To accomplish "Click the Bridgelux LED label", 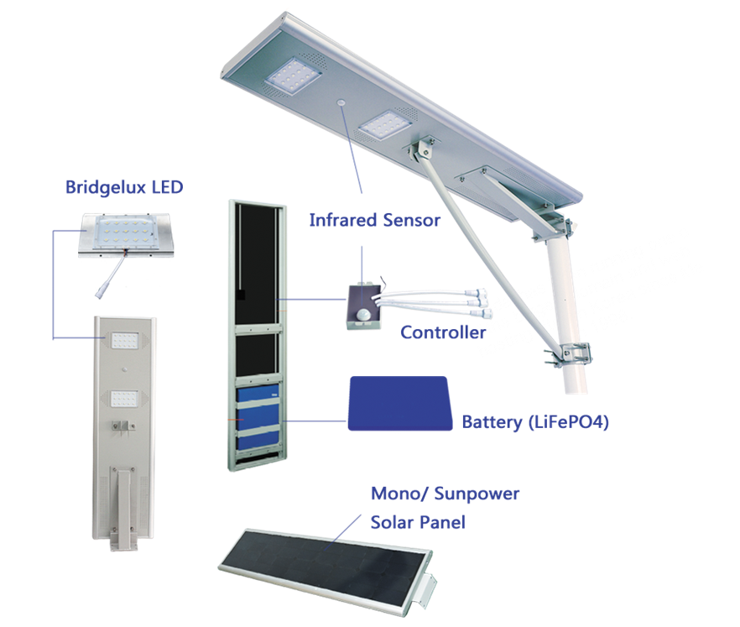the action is tap(124, 187).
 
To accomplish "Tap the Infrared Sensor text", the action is tap(375, 220).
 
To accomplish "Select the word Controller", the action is tap(443, 332).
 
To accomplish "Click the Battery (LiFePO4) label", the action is tap(535, 421).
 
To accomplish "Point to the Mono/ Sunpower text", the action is tap(445, 494).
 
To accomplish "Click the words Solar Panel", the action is tap(418, 522).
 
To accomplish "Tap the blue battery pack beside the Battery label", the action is tap(399, 403).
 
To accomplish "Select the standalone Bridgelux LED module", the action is tap(126, 235).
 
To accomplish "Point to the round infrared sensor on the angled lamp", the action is tap(341, 102).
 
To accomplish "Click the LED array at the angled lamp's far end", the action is tap(294, 75).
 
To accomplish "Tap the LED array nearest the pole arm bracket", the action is tap(384, 124).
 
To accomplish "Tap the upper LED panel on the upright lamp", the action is tap(124, 340).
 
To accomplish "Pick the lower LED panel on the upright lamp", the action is tap(124, 399).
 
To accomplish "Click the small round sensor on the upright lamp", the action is tap(124, 368).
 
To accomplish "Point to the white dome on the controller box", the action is tap(362, 314).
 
